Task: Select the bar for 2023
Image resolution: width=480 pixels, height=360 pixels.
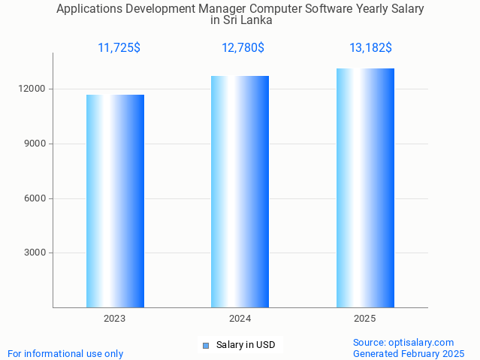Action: click(115, 201)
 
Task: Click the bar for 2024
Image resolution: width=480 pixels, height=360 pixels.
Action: click(240, 192)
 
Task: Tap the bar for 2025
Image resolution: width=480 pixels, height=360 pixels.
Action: click(365, 188)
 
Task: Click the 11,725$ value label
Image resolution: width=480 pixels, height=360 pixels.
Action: click(119, 48)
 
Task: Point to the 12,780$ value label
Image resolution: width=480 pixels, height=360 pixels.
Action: click(243, 48)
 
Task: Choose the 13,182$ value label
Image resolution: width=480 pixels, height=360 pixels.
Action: click(370, 48)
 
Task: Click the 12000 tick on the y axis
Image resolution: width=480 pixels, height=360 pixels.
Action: click(33, 89)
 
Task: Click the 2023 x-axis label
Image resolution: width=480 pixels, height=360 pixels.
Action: click(115, 319)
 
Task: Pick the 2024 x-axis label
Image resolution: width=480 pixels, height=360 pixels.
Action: click(240, 319)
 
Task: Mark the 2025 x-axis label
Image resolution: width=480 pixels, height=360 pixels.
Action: click(365, 319)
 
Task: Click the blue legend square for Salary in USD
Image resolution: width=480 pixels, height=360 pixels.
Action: click(205, 346)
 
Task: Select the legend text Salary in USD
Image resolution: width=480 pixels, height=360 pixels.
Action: click(246, 346)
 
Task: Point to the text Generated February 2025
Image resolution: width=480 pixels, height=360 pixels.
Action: click(408, 353)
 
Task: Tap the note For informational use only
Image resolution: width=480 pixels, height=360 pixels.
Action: click(65, 353)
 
